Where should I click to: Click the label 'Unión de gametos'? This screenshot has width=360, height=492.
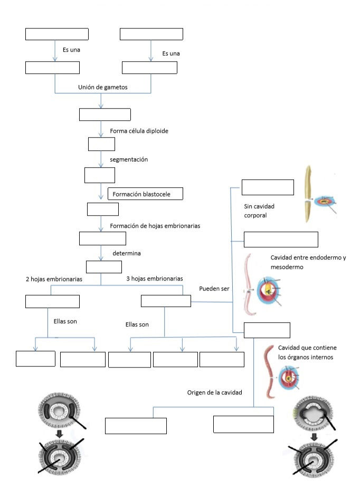[x=102, y=87]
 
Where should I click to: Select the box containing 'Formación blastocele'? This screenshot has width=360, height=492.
[x=145, y=194]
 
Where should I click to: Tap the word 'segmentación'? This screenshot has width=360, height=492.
[x=129, y=159]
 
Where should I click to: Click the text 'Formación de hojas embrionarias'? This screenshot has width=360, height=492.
[x=155, y=226]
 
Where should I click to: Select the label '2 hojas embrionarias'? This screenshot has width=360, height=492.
[x=54, y=278]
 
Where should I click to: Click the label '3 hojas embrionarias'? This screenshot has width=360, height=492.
[x=155, y=278]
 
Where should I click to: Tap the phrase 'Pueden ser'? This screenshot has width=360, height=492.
[x=214, y=290]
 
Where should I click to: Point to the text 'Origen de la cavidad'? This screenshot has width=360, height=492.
[x=215, y=393]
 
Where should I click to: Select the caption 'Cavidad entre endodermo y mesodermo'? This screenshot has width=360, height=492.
[x=308, y=263]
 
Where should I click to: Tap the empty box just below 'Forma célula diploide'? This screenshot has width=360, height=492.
[x=101, y=144]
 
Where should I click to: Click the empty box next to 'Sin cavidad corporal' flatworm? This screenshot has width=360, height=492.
[x=268, y=187]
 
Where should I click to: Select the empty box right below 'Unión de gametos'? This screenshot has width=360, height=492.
[x=105, y=114]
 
